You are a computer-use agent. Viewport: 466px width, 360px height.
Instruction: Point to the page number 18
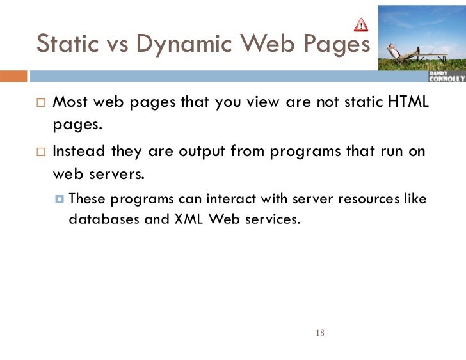(x=321, y=333)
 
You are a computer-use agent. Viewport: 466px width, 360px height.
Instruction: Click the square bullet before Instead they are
(x=40, y=153)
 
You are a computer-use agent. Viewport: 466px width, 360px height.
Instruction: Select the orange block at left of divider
(x=13, y=77)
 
